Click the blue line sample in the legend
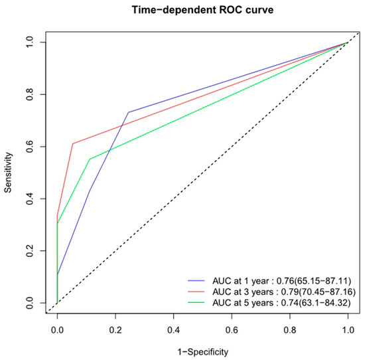pos(198,280)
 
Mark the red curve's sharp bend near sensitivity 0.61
pos(72,143)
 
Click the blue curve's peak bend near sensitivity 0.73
pos(128,112)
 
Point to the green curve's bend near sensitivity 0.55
pos(90,159)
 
